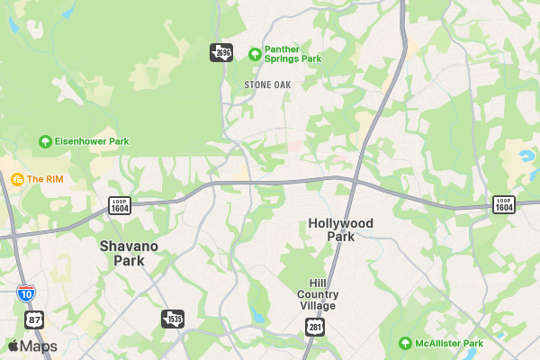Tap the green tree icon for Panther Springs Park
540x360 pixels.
pos(255,54)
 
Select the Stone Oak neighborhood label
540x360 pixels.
pos(268,85)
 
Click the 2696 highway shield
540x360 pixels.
pos(221,53)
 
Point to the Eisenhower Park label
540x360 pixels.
pos(93,141)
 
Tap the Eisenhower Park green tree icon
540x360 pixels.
pos(45,141)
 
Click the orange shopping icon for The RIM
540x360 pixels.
pos(16,179)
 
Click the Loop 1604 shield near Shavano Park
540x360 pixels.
pos(120,205)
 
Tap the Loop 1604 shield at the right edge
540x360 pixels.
pos(504,205)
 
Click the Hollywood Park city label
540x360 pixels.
pos(340,229)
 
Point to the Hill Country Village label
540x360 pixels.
pos(319,294)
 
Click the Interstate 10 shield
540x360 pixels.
pos(26,292)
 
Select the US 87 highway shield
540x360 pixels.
pos(34,319)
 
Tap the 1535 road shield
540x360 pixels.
pos(172,319)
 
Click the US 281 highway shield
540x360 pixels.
pos(314,327)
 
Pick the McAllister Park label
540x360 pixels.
pos(448,343)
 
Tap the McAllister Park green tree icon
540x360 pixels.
pos(406,343)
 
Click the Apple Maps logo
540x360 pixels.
pos(32,346)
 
